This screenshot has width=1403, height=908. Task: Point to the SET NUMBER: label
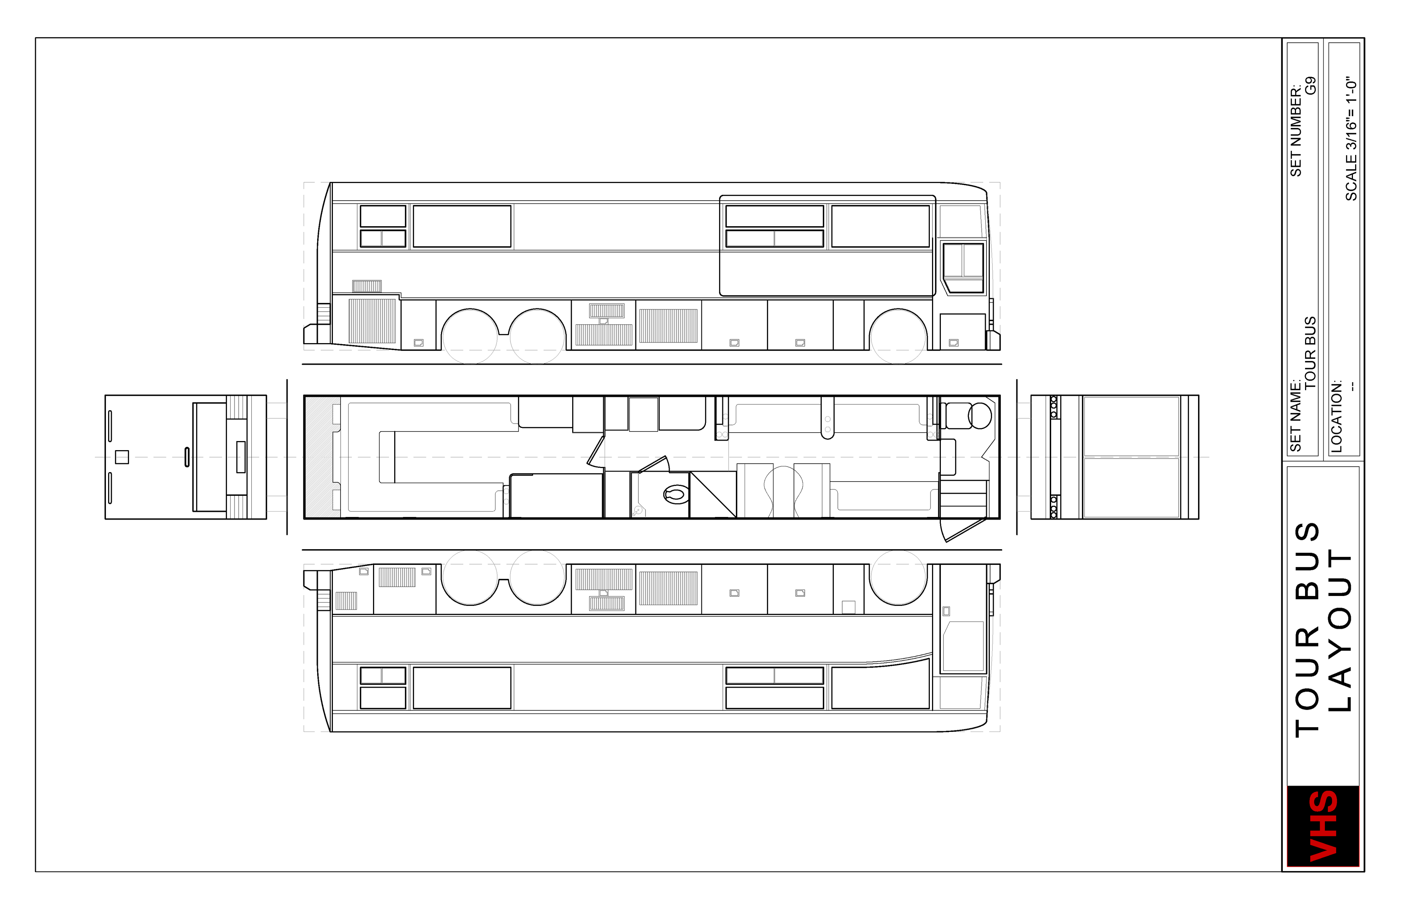tap(1296, 131)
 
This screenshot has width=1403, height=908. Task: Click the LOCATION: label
tap(1337, 416)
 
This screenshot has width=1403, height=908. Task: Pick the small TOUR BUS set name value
tap(1311, 353)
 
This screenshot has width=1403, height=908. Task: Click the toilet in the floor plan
tap(676, 494)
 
